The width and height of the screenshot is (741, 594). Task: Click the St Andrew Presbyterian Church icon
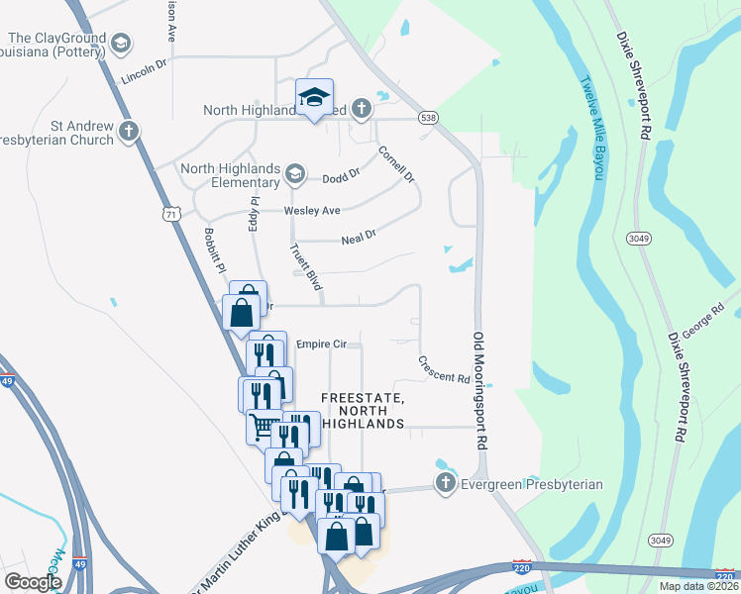click(x=128, y=132)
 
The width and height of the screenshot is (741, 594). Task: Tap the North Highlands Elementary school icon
click(x=294, y=175)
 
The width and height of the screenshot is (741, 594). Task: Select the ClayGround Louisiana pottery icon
click(x=121, y=44)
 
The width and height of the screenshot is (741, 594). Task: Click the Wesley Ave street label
click(x=312, y=211)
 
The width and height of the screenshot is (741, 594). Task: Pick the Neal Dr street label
click(x=359, y=238)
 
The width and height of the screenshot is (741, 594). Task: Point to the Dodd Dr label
click(x=341, y=178)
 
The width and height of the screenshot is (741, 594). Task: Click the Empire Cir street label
click(x=321, y=344)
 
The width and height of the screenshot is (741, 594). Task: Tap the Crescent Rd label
click(x=442, y=370)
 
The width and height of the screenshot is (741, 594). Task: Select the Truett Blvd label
click(x=306, y=267)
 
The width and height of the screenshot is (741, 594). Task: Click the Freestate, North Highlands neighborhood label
click(x=363, y=411)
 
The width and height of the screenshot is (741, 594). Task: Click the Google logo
click(x=33, y=582)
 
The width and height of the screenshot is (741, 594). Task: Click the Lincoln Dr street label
click(x=145, y=75)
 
